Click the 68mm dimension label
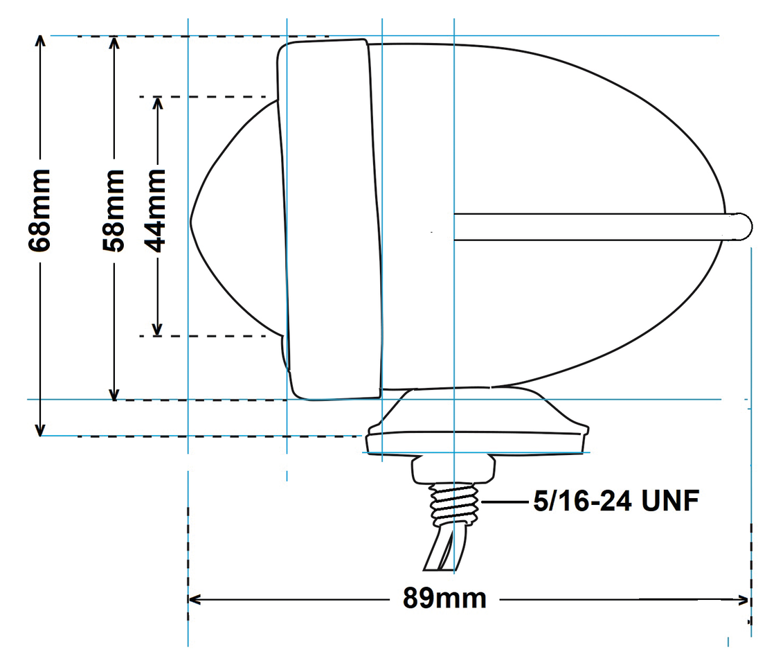click(x=41, y=210)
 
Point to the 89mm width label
click(x=444, y=598)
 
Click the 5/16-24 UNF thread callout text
click(x=615, y=501)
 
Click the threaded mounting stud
click(x=454, y=504)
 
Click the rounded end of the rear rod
click(x=743, y=227)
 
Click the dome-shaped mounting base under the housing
click(x=478, y=423)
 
